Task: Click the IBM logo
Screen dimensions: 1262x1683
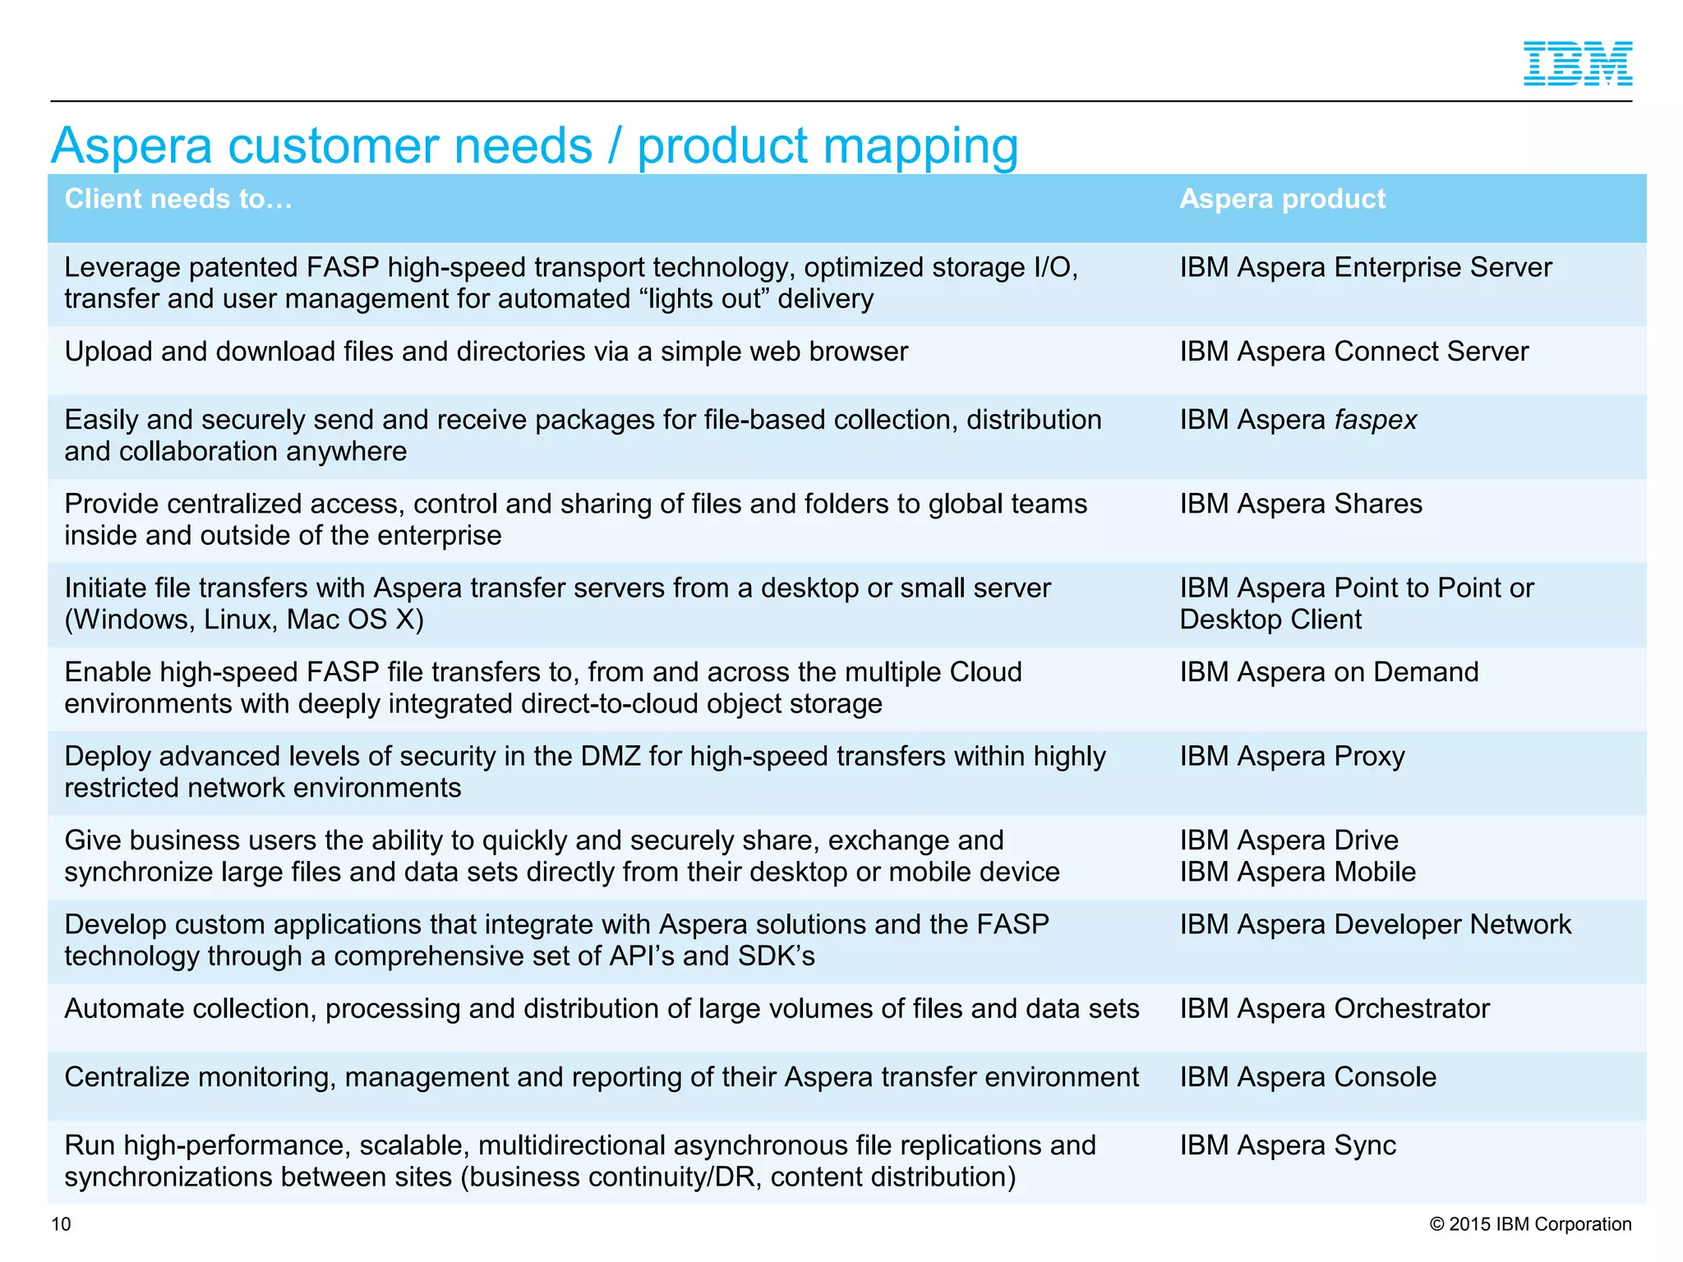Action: (1577, 64)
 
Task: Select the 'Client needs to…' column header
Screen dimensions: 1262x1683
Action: (178, 199)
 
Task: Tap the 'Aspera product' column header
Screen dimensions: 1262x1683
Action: (1282, 199)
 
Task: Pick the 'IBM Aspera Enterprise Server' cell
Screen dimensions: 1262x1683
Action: (1365, 268)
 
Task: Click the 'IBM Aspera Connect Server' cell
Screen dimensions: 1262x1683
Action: (1353, 352)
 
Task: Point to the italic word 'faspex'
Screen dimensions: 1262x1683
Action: (1375, 420)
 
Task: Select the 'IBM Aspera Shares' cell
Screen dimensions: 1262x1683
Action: (1300, 504)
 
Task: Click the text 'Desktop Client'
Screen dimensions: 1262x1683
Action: (1270, 619)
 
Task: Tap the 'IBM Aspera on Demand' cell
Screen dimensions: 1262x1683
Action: (1329, 672)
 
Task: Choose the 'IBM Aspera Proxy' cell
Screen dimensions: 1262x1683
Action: (1292, 756)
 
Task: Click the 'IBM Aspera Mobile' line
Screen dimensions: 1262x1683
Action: (1298, 872)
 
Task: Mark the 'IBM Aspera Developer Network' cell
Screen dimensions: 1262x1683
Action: (1375, 924)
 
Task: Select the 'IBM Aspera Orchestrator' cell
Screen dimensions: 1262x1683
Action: (1335, 1008)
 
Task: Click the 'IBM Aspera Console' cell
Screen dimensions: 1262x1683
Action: (1307, 1077)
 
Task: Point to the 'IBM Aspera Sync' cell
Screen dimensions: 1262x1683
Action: (1288, 1145)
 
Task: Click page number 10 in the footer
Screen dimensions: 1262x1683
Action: (61, 1224)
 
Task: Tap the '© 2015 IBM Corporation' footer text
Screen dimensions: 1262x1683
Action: (1530, 1224)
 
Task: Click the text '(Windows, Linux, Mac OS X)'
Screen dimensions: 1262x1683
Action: (244, 619)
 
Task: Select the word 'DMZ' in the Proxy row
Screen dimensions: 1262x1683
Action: (610, 756)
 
